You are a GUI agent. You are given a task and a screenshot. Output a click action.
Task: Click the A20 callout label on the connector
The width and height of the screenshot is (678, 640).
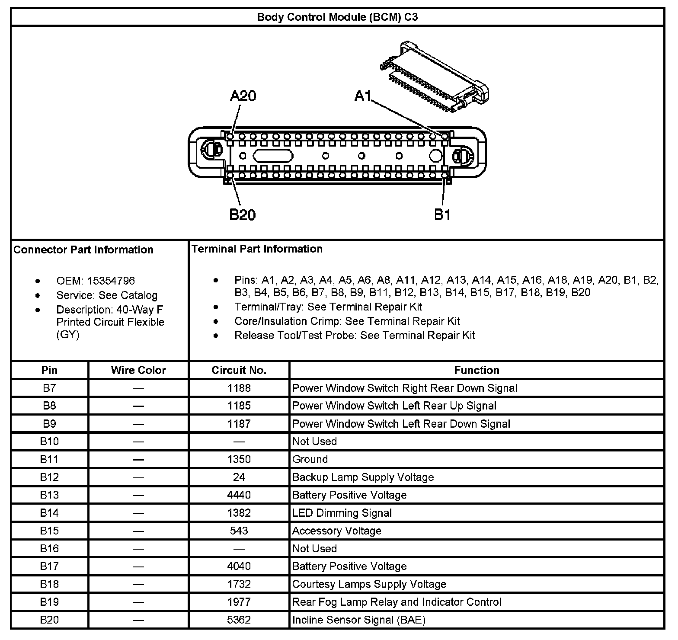coord(243,96)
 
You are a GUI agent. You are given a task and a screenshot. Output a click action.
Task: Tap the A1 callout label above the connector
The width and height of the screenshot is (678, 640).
coord(363,96)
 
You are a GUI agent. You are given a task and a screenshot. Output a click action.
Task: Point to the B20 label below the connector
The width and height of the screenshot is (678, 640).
coord(242,214)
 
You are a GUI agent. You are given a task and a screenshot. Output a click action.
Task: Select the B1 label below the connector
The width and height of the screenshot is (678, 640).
coord(442,214)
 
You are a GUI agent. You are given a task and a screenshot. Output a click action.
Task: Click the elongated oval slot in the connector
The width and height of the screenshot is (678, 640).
coord(273,156)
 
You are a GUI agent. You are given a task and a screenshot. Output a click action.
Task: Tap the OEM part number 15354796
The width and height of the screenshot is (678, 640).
coord(111,281)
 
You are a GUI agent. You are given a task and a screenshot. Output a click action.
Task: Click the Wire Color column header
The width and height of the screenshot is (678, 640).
coord(138,370)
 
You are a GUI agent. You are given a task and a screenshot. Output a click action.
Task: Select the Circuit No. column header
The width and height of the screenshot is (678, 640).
coord(239,370)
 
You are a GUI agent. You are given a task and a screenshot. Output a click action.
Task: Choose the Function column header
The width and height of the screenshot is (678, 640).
coord(477,370)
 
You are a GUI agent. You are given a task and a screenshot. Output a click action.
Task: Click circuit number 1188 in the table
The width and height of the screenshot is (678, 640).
coord(239,388)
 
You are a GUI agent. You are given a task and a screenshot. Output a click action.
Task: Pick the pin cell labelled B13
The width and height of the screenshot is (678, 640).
coord(49,495)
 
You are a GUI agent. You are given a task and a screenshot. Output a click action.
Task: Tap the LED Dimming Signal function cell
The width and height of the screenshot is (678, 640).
coord(342,513)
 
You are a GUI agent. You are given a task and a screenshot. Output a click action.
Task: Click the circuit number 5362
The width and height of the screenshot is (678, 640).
coord(239,620)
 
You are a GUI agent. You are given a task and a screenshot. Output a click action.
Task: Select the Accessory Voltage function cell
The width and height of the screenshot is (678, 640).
coord(337,531)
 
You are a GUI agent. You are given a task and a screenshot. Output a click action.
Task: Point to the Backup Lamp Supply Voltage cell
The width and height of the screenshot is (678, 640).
coord(363,477)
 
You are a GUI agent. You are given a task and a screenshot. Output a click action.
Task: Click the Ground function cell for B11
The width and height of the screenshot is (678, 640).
coord(310,459)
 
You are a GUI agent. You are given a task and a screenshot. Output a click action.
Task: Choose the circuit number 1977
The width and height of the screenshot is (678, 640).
coord(239,602)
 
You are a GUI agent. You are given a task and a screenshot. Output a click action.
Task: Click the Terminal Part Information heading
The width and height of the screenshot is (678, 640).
coord(257,249)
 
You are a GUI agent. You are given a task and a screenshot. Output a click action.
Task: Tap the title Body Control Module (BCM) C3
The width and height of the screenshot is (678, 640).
coord(337,17)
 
